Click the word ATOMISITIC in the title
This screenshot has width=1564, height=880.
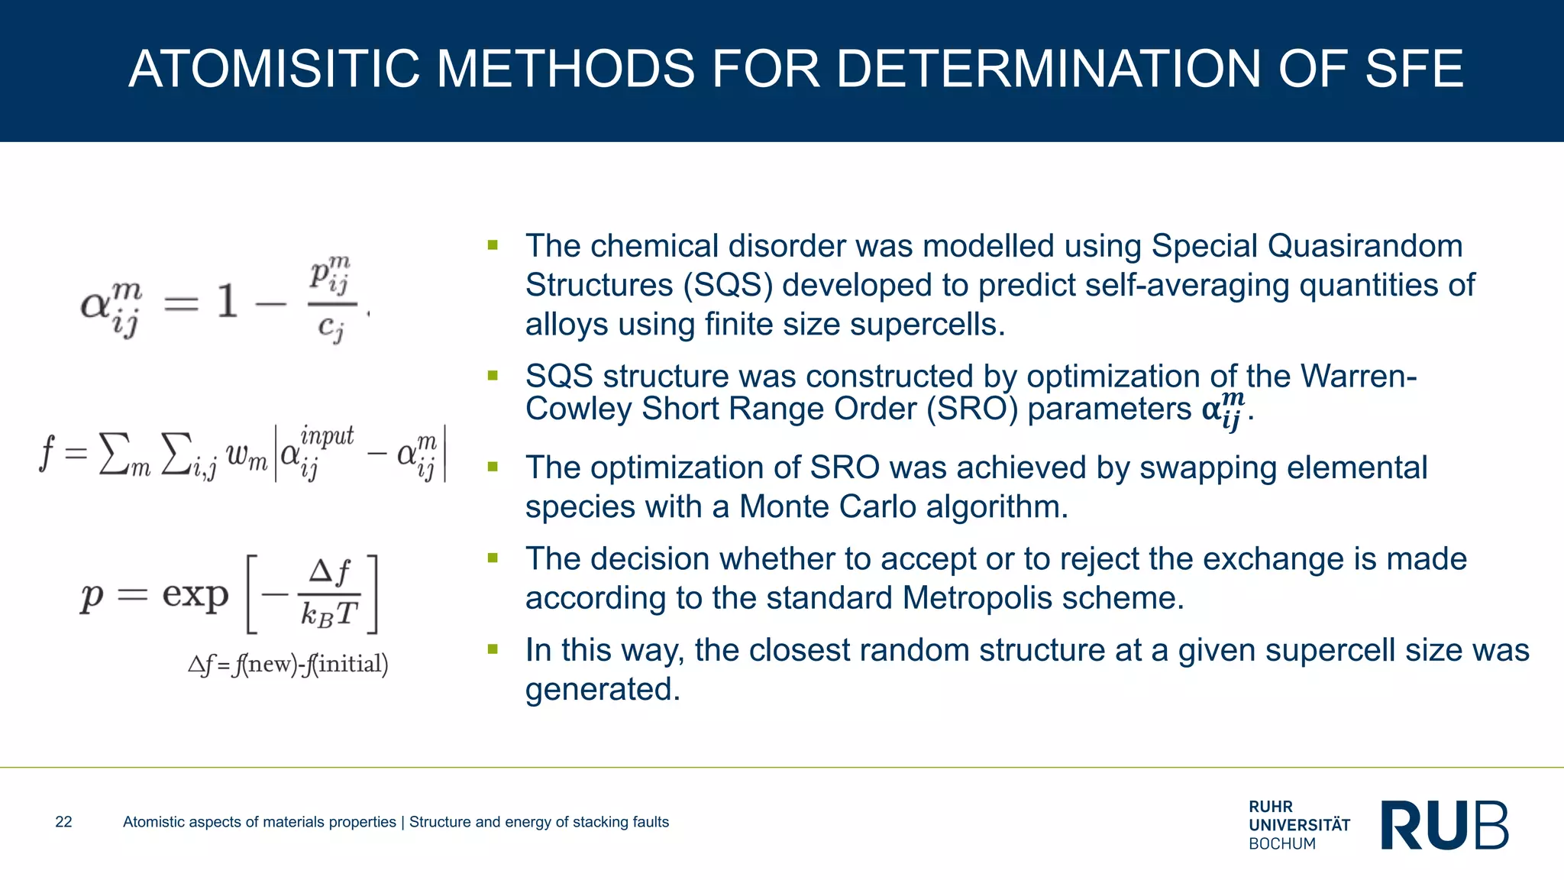click(274, 69)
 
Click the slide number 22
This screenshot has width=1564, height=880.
click(63, 822)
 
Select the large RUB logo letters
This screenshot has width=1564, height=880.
click(1445, 825)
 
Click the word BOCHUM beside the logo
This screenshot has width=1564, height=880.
click(1282, 844)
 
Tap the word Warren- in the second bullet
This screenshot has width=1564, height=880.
click(1359, 376)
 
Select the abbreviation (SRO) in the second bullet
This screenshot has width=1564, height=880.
click(972, 409)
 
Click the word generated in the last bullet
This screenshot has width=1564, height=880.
click(602, 690)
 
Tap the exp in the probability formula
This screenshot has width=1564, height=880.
click(195, 594)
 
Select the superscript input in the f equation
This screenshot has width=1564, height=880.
click(327, 436)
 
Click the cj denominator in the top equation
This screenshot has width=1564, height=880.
click(331, 328)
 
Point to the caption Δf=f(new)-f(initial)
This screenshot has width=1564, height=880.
click(288, 664)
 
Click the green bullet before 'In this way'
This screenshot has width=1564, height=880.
click(493, 649)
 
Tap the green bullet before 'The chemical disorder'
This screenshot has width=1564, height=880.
click(493, 245)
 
